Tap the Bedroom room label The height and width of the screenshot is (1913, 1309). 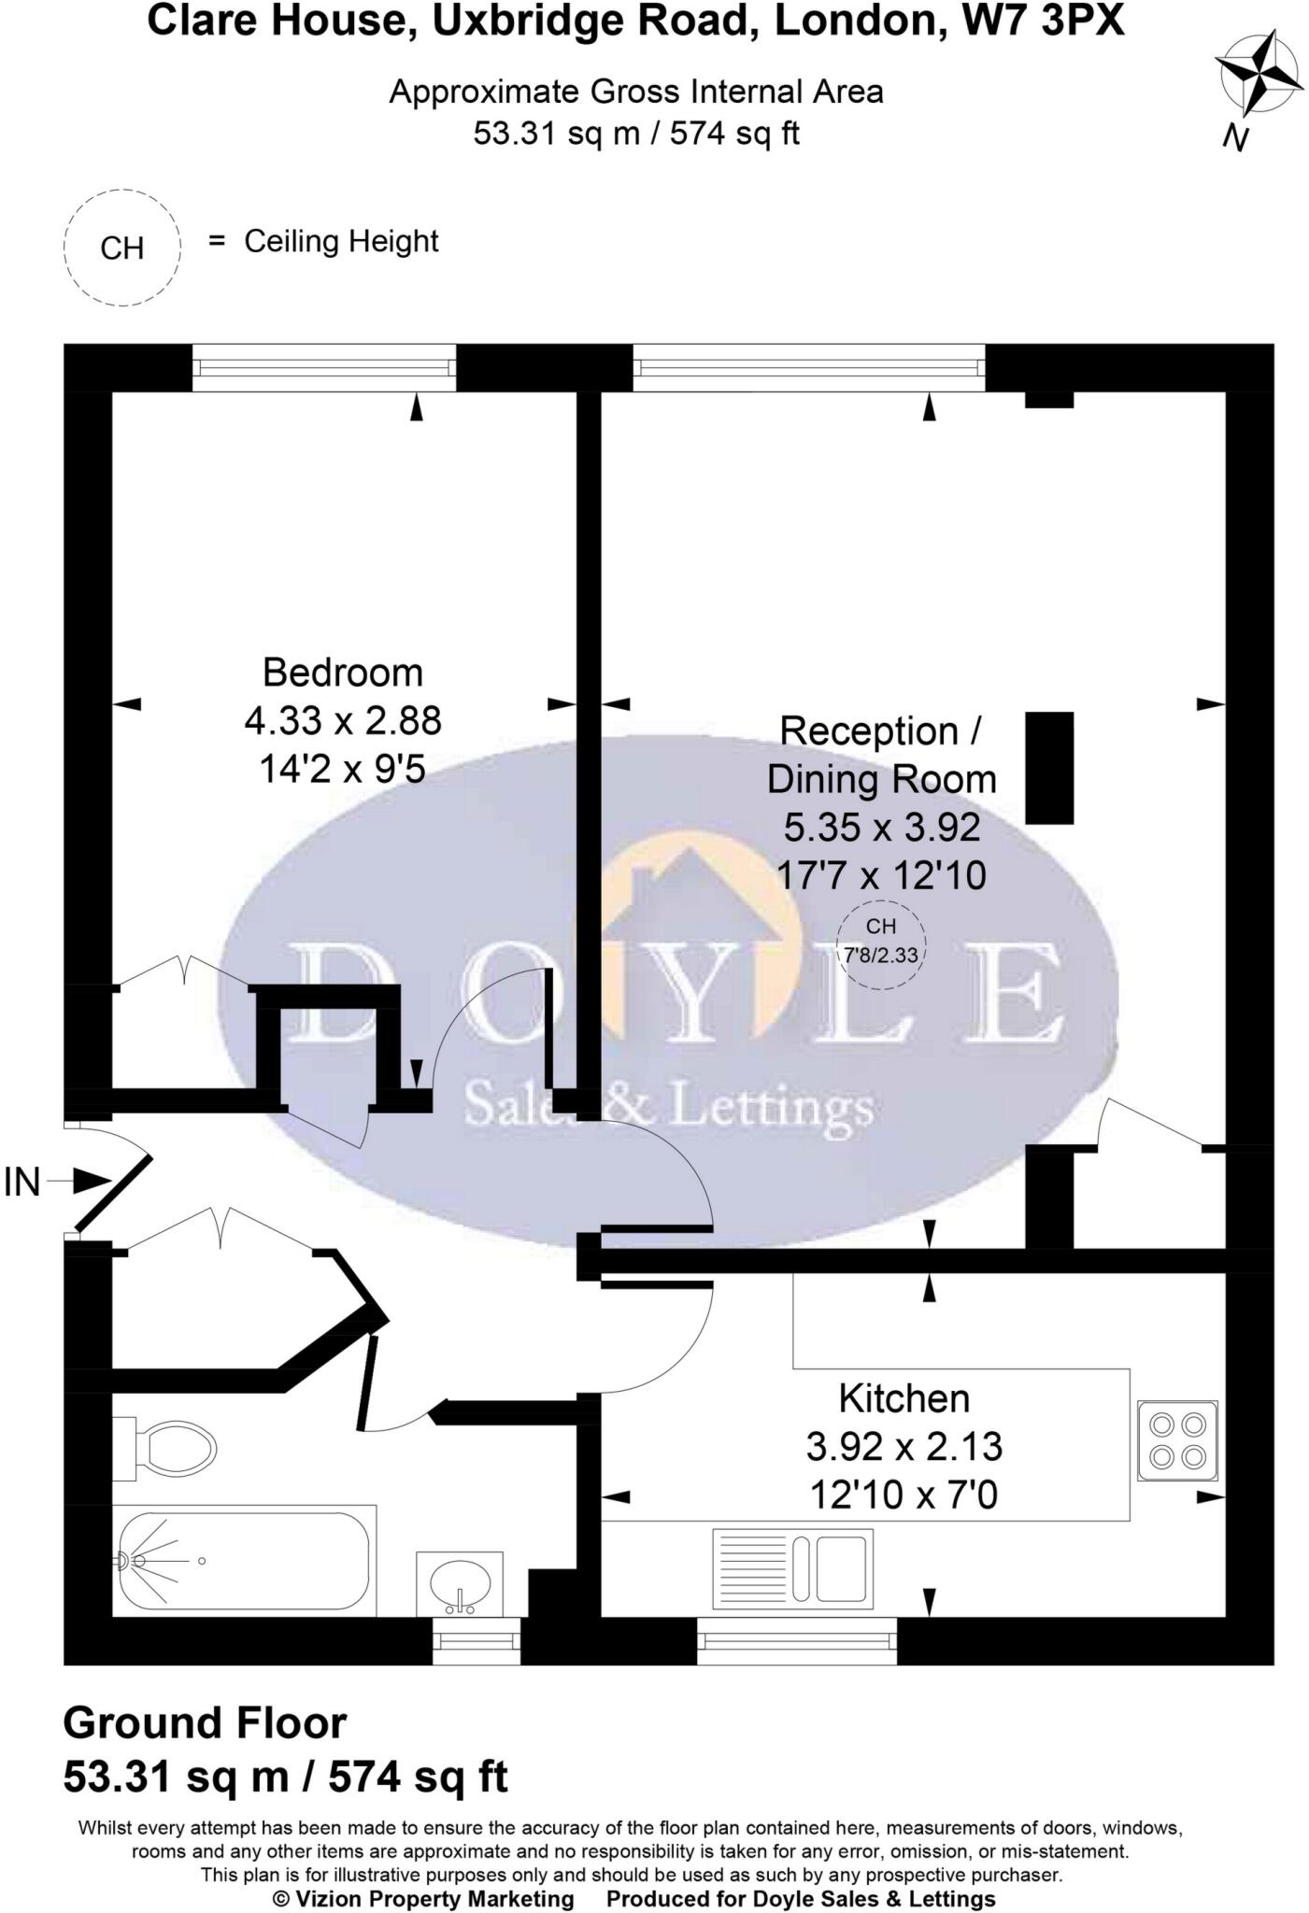point(342,673)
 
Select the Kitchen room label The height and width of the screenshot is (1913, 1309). point(903,1398)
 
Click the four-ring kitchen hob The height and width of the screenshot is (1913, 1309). point(1177,1440)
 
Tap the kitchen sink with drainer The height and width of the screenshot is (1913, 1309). point(792,1569)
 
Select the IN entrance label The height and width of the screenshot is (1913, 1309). point(22,1183)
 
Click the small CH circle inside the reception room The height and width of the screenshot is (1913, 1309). point(880,942)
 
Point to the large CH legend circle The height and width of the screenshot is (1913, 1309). point(121,248)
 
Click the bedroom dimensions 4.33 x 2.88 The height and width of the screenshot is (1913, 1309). point(342,721)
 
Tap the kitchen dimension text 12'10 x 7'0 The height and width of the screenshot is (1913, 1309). point(903,1495)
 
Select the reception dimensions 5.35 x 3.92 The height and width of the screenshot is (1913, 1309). point(881,827)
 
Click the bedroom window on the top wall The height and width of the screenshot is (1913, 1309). point(324,367)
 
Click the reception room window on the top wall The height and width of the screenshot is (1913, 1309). point(808,367)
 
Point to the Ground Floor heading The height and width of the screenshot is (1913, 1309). point(205,1722)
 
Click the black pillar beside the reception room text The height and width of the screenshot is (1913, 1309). point(1049,768)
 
